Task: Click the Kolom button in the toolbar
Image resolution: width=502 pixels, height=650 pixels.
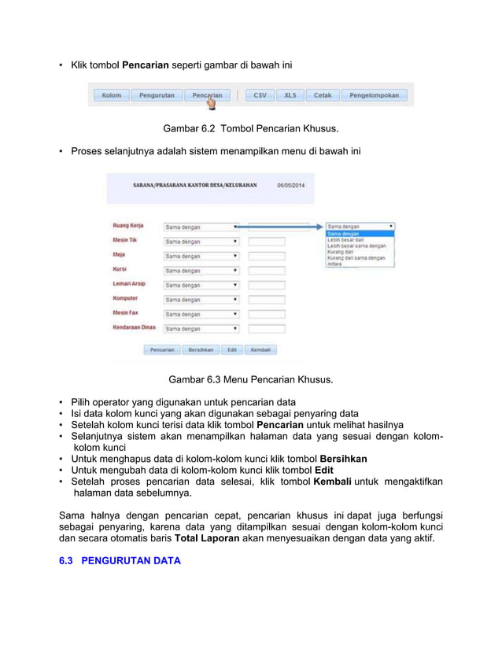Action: [112, 95]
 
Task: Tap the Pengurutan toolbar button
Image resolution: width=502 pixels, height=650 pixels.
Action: [157, 95]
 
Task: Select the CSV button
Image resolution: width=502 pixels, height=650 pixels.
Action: [260, 95]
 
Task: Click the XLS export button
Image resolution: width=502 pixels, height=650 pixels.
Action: [290, 95]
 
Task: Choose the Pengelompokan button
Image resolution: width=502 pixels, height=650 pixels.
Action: [375, 95]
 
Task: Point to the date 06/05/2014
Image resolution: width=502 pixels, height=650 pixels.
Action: [290, 186]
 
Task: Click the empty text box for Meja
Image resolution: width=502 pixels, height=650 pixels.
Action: [266, 256]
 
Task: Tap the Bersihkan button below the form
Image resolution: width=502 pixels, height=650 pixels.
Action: [200, 349]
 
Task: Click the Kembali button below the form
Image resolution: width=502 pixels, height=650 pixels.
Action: [259, 349]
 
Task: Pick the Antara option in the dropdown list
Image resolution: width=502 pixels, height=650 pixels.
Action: [335, 264]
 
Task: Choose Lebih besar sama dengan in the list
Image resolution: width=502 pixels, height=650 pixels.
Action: [356, 246]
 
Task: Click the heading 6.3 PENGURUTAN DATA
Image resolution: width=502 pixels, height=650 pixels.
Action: [120, 560]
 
